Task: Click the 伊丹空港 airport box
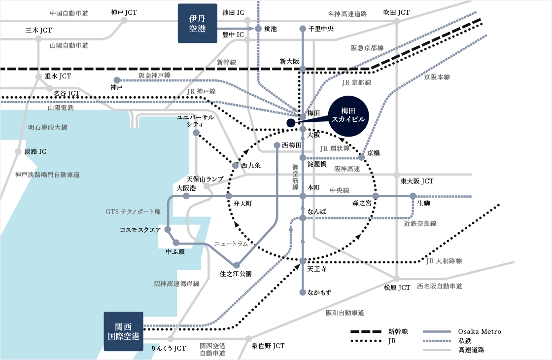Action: tap(197, 23)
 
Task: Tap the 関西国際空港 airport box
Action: tap(123, 331)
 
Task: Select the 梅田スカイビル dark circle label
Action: tap(348, 115)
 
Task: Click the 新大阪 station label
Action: tap(289, 61)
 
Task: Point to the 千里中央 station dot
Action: tap(303, 29)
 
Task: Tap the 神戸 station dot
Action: tap(117, 80)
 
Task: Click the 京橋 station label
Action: tap(374, 153)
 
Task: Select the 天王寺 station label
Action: tap(316, 269)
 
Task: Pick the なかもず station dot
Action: tap(303, 292)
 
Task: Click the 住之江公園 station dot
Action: tap(237, 265)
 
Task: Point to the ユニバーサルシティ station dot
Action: tap(196, 133)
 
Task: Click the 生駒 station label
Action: tap(424, 203)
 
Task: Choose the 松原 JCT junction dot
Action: tap(396, 279)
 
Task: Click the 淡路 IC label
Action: tap(35, 151)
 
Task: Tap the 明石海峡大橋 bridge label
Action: tap(48, 127)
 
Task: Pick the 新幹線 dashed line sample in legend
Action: tap(366, 331)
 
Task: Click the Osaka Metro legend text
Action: tap(480, 331)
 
